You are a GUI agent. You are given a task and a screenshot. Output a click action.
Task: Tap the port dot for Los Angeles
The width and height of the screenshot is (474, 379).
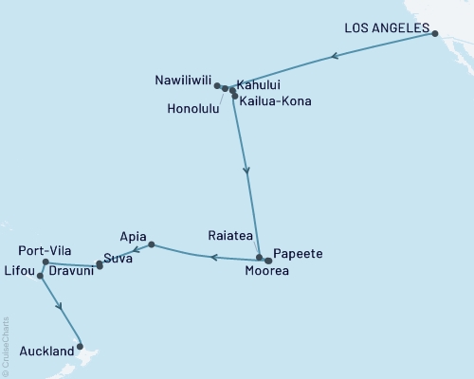(x=435, y=34)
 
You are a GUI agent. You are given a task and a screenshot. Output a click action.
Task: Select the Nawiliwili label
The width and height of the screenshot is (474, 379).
(x=183, y=81)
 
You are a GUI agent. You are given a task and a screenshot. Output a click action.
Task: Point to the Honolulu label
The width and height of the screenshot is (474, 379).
(x=193, y=109)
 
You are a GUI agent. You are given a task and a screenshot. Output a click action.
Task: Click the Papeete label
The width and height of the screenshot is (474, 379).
(x=299, y=254)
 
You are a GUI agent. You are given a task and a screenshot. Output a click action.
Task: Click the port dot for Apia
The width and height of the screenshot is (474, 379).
(x=152, y=245)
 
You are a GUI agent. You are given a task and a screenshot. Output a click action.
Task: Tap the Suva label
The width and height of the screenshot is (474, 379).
(x=118, y=257)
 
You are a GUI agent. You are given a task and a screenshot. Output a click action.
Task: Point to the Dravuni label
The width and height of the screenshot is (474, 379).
(x=71, y=269)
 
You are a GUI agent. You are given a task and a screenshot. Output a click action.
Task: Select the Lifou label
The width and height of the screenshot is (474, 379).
(x=19, y=270)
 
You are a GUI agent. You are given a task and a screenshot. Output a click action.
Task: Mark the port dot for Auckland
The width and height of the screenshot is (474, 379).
(x=81, y=346)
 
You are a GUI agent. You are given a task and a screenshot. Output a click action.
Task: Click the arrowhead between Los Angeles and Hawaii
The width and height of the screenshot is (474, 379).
(x=334, y=58)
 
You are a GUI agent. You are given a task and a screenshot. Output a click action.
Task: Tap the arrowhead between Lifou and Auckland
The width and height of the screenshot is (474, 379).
(x=61, y=306)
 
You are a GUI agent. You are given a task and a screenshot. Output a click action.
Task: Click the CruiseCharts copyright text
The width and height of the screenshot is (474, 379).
(x=6, y=346)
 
